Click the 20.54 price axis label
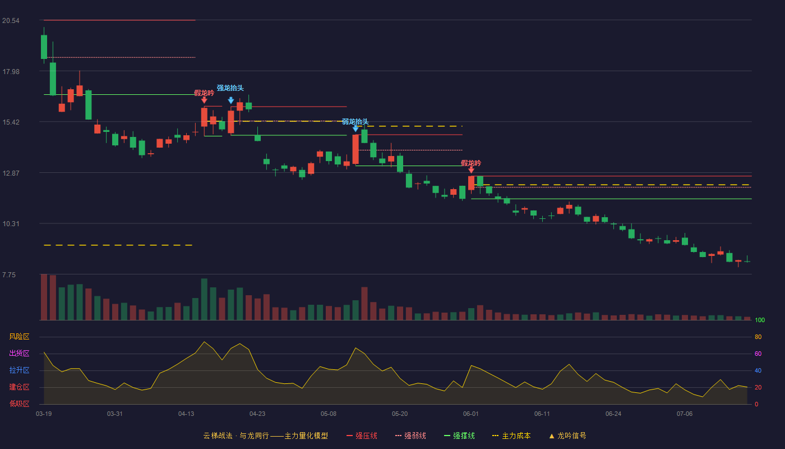coord(11,21)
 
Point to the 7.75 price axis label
coord(9,274)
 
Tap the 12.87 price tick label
coord(11,173)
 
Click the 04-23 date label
coord(257,414)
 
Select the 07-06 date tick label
coord(685,414)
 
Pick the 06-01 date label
coord(470,414)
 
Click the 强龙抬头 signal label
coord(230,88)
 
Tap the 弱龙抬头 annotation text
coord(355,122)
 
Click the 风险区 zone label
coord(19,337)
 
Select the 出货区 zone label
coord(19,353)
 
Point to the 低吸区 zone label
coord(19,404)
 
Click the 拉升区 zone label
coord(19,370)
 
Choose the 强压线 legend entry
coord(362,436)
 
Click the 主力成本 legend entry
coord(511,436)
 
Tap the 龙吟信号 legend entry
coord(567,436)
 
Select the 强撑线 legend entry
coord(459,436)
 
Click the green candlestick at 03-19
coord(44,47)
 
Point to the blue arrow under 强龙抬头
coord(230,100)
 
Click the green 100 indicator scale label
coord(760,320)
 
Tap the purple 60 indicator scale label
coord(758,354)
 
